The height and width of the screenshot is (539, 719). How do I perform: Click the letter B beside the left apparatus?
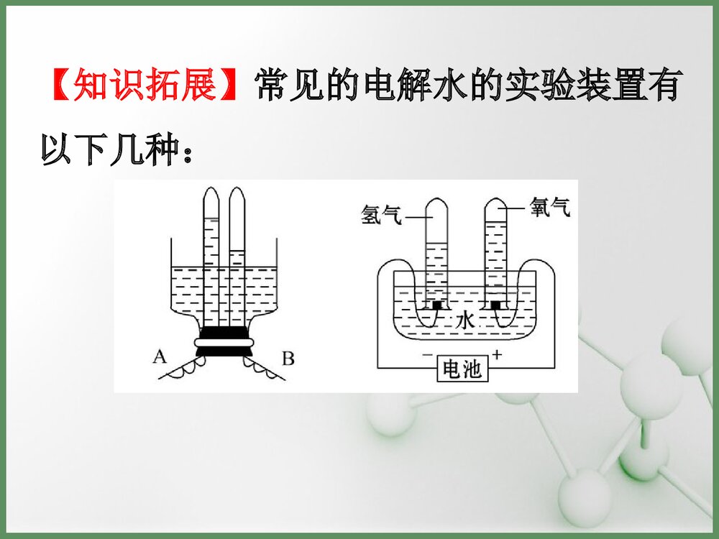(x=288, y=357)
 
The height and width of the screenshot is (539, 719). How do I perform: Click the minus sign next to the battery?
(x=428, y=355)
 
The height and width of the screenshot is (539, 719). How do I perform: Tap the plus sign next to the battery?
(x=497, y=355)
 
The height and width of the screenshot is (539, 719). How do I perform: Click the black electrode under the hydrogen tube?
(x=436, y=306)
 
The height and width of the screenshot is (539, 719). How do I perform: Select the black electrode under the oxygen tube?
(x=496, y=306)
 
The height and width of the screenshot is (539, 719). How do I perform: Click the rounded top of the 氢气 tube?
(x=436, y=204)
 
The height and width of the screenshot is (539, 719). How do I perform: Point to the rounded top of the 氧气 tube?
(x=496, y=204)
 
